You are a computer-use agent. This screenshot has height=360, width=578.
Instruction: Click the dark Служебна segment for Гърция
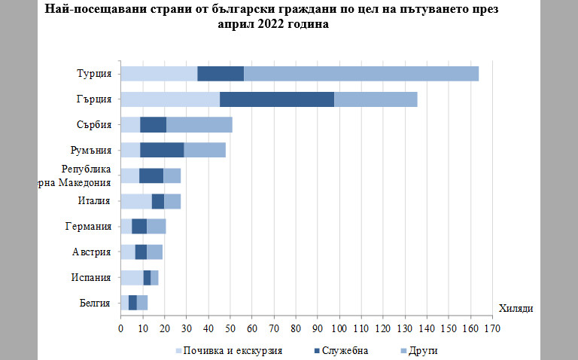(276, 99)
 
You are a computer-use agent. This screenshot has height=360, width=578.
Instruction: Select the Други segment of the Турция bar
(361, 73)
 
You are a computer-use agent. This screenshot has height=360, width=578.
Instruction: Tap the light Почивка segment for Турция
(158, 73)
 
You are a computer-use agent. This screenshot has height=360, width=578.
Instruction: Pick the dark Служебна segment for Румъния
(162, 150)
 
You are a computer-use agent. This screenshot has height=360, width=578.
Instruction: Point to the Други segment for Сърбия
(199, 124)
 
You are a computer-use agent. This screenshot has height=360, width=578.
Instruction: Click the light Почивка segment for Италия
(135, 201)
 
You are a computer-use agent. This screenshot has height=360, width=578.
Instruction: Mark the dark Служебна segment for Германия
(139, 226)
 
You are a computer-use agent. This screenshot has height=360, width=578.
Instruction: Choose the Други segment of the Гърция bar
(376, 99)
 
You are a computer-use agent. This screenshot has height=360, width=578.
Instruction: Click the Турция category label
(94, 73)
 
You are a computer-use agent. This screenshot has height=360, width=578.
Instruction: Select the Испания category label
(93, 277)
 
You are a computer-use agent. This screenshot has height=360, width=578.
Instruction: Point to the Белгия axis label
(96, 303)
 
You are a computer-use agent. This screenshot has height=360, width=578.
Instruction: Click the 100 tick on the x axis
(339, 329)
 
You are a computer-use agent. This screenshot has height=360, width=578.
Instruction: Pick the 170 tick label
(493, 329)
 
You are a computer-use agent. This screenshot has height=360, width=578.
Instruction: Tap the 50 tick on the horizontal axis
(230, 329)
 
